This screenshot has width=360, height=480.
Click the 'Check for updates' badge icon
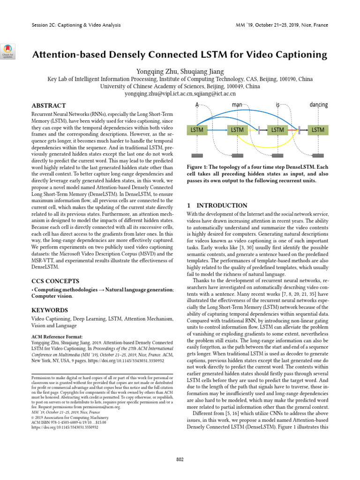(8, 50)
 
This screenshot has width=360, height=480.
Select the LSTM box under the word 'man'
(237, 129)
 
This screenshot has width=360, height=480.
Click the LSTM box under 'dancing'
(318, 129)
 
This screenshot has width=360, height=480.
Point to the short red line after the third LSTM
(294, 129)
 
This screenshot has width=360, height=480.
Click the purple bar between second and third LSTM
(259, 129)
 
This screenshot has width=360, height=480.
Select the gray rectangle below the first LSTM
(197, 156)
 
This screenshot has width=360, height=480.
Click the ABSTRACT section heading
(49, 106)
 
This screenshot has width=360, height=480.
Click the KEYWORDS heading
(50, 310)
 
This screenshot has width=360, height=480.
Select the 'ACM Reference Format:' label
(57, 337)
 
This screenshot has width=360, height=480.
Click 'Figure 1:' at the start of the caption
(200, 167)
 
